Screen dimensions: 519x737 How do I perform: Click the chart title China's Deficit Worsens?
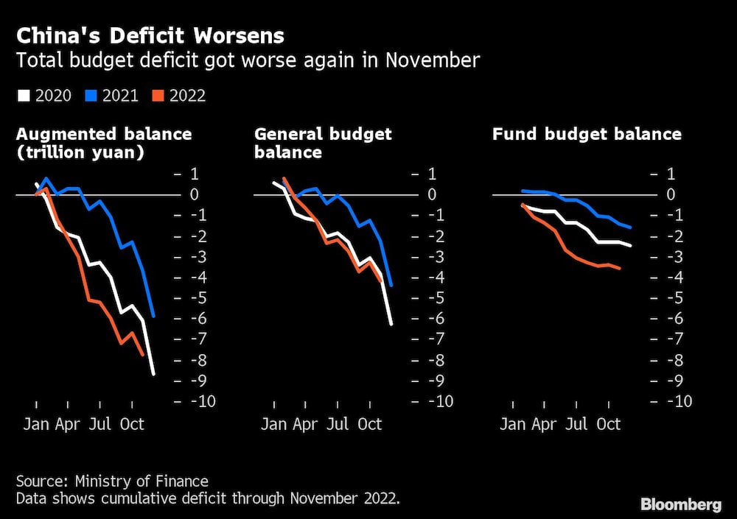(150, 35)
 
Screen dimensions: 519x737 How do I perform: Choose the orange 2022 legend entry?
(180, 96)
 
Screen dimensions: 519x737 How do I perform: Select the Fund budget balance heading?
(586, 134)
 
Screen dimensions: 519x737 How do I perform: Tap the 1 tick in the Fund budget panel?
(671, 174)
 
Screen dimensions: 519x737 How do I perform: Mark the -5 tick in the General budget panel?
(436, 298)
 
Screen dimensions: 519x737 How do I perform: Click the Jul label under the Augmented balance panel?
(100, 425)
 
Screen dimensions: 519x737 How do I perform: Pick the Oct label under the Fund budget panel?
(608, 425)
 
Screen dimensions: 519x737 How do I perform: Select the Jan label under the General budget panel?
(273, 425)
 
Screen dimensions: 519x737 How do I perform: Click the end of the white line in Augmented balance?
(153, 375)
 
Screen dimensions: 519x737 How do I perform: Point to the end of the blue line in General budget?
(391, 285)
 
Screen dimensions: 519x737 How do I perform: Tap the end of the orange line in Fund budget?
(619, 269)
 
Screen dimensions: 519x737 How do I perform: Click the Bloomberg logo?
(680, 504)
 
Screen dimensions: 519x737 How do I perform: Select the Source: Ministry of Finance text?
(112, 481)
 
